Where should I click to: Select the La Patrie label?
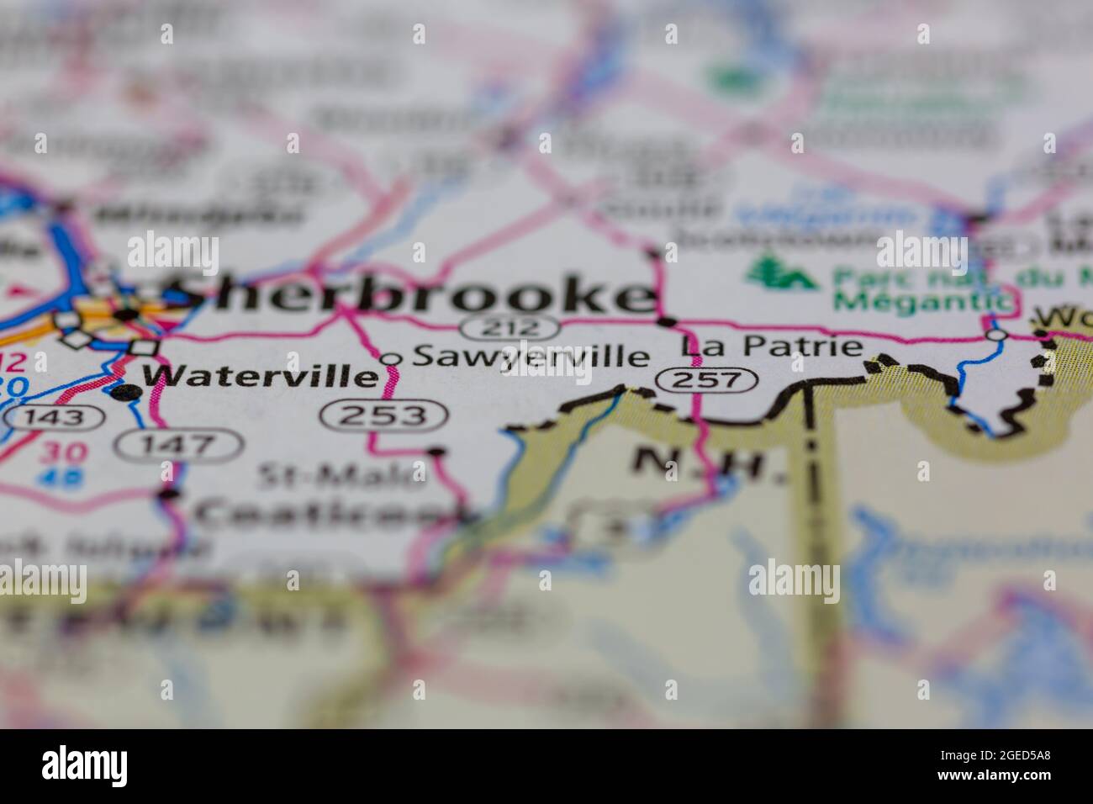point(773,346)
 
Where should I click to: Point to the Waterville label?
point(260,376)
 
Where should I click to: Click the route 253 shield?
point(385,415)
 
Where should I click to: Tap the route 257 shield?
point(707,380)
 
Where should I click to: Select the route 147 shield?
point(180,445)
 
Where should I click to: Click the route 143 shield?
point(64,416)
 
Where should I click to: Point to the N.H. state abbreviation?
point(710,464)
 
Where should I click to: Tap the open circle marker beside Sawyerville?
point(391,359)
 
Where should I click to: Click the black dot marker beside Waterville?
point(125,392)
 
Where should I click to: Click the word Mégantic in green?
point(920,300)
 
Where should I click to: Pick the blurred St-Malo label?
point(341,476)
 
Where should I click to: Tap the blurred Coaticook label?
point(328,512)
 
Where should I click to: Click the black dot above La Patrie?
point(667,321)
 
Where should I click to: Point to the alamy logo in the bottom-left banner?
point(85,766)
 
